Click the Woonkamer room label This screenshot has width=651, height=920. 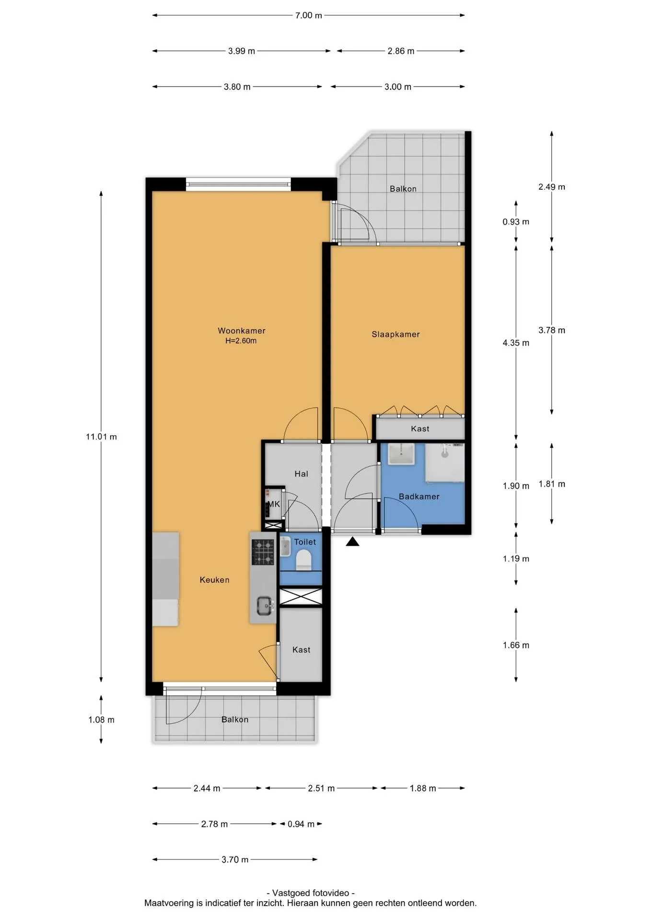(x=241, y=331)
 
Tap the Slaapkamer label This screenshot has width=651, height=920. (x=395, y=334)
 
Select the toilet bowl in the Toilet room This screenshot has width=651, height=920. (x=304, y=559)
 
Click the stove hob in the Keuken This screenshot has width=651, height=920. (x=263, y=552)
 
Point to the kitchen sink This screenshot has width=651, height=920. (x=264, y=606)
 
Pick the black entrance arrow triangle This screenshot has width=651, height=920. (x=353, y=541)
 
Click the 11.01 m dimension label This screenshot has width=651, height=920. (x=101, y=437)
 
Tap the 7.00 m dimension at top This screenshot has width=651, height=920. (x=309, y=15)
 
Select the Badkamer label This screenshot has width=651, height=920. (x=419, y=496)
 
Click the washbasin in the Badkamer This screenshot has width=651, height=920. (x=401, y=454)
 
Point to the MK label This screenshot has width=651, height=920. (x=273, y=504)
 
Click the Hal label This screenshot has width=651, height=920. (x=301, y=474)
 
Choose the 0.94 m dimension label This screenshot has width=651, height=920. (x=301, y=824)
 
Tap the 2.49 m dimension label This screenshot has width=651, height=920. (x=552, y=187)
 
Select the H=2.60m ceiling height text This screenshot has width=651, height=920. (x=241, y=341)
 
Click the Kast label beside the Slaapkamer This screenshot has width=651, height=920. (x=420, y=429)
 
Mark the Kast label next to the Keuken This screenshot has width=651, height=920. (x=301, y=650)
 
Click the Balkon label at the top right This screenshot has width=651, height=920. (x=403, y=189)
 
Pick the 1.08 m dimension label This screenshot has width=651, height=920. (x=101, y=720)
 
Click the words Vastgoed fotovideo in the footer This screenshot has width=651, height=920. (x=311, y=893)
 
